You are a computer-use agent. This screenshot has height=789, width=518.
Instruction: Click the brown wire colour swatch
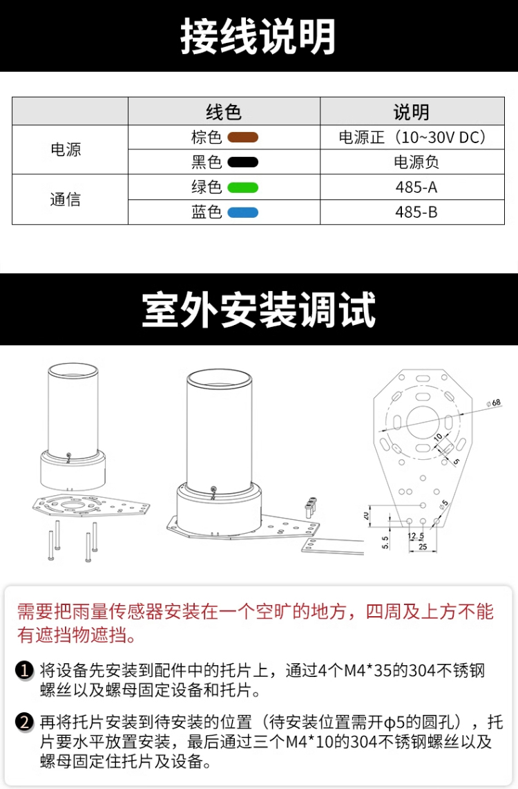coord(242,138)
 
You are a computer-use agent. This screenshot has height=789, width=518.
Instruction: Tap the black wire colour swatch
coord(242,162)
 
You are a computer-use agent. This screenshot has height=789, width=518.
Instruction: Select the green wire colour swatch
coord(242,187)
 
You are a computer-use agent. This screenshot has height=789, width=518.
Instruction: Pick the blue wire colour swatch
coord(242,212)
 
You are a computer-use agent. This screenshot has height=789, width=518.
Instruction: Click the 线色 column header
coord(224,112)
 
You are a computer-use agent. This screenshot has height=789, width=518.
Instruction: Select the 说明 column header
coord(412,112)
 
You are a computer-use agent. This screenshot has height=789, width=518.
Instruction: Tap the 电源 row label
coord(66,149)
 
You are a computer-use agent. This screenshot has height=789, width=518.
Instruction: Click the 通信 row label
coord(66,199)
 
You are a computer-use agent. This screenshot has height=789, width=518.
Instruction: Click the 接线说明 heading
coord(258,36)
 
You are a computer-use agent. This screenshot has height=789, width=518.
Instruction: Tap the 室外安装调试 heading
coord(259,310)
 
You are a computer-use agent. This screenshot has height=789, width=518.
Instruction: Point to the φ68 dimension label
coord(494,403)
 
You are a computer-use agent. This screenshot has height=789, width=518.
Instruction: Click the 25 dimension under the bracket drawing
coord(423,547)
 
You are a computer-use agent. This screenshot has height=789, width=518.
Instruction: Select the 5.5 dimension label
coord(385,542)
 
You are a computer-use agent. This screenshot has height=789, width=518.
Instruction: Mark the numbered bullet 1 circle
coord(24,671)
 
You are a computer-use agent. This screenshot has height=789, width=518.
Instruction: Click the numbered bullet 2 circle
coord(24,723)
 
